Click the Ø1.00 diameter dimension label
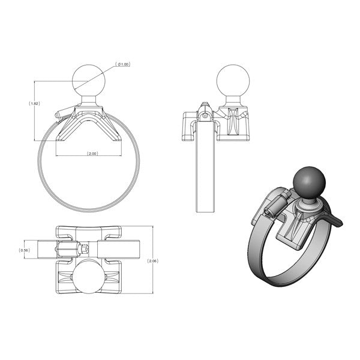tap(124, 64)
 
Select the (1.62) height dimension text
tap(34, 103)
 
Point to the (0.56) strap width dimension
tap(25, 250)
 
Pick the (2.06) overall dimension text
tap(153, 261)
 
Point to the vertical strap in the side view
tap(205, 174)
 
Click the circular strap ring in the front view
tap(44, 180)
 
